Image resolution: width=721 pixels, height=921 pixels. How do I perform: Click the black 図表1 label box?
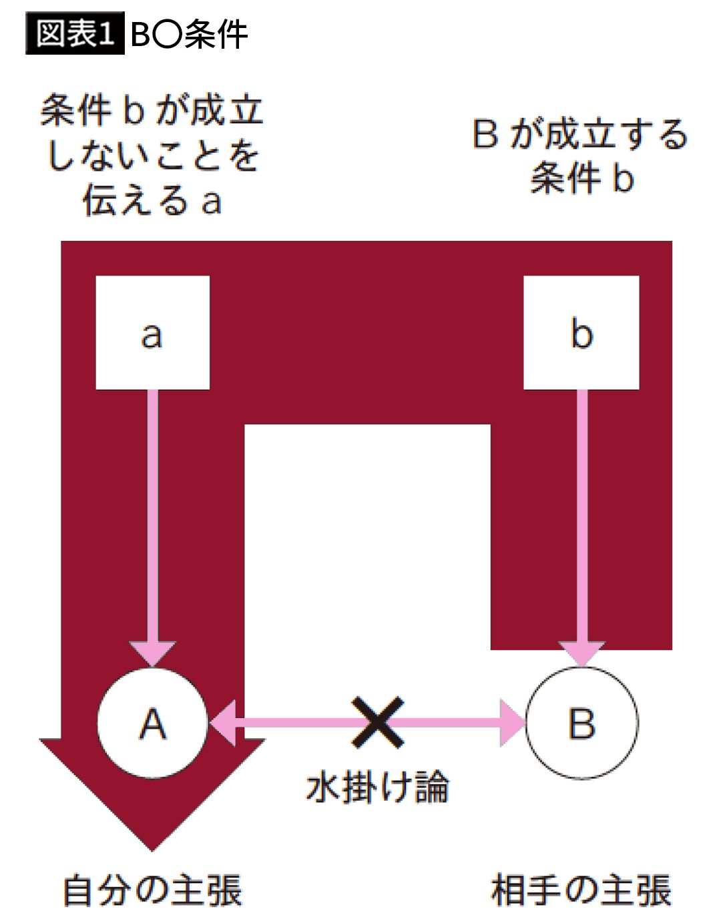[74, 34]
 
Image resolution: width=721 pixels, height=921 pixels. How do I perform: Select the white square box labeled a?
[152, 332]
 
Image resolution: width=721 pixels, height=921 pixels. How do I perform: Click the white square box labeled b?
[581, 332]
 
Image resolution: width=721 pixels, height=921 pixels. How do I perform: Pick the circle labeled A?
[152, 723]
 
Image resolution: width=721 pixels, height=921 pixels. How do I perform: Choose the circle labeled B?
[581, 723]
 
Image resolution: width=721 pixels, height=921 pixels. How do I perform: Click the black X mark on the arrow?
[378, 722]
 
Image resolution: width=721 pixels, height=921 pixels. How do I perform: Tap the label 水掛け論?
[378, 788]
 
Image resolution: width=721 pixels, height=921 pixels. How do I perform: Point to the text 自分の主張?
[152, 891]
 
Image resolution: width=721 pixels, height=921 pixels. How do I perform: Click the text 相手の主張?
[581, 891]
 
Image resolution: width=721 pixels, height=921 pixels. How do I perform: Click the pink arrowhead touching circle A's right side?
[224, 722]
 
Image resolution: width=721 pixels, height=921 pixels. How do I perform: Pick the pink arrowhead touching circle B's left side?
[513, 722]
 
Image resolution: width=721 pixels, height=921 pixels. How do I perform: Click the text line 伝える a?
[152, 200]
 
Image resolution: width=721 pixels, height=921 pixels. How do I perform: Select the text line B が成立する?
[580, 134]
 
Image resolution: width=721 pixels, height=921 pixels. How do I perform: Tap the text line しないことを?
[152, 156]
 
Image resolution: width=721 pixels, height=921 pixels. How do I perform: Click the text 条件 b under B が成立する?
[581, 178]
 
